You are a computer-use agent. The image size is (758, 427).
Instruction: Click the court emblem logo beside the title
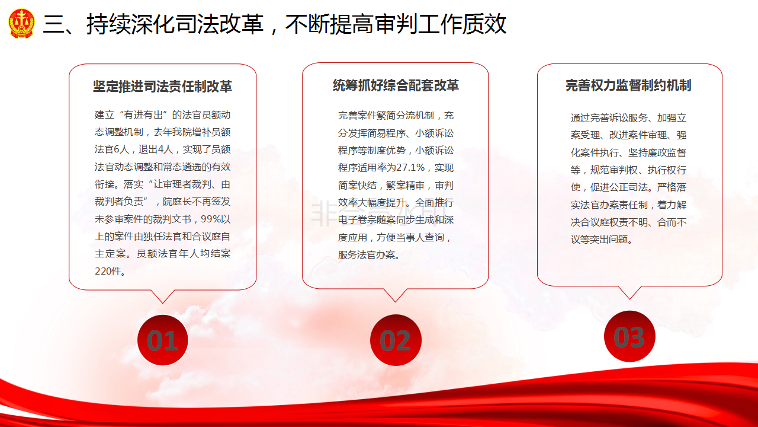click(21, 23)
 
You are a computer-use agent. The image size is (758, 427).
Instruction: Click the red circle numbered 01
click(163, 340)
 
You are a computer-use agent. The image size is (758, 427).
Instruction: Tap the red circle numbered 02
click(396, 340)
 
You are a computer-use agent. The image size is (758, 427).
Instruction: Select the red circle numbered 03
click(629, 336)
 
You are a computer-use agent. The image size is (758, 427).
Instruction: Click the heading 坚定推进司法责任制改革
click(162, 87)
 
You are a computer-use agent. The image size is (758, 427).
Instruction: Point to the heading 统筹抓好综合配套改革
click(396, 85)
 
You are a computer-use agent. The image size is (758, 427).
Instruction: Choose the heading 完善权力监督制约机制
click(628, 85)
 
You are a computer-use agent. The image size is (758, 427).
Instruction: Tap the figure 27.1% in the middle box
click(410, 167)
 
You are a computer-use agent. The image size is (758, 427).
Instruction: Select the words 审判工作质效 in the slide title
click(440, 24)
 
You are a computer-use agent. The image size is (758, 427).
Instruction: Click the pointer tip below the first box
click(163, 303)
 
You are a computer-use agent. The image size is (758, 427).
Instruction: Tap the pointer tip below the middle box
click(395, 302)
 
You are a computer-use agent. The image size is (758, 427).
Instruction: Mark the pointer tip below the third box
click(629, 299)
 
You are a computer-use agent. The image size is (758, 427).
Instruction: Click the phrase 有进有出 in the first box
click(143, 115)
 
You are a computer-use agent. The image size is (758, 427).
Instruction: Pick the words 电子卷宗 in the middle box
click(357, 219)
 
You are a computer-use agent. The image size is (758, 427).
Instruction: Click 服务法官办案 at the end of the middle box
click(367, 254)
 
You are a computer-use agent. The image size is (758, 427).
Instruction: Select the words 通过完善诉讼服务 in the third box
click(609, 117)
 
